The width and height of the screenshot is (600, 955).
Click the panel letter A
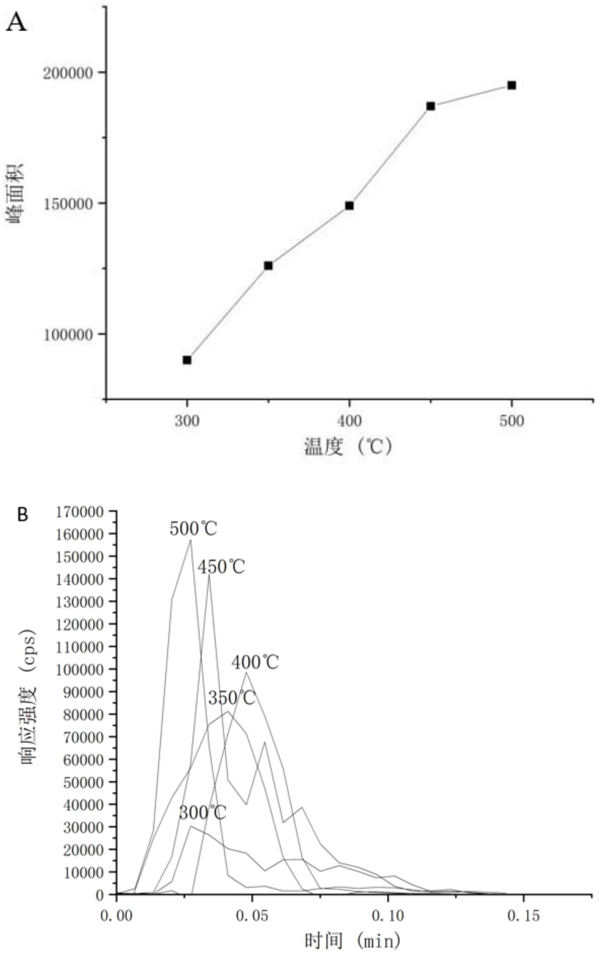[16, 22]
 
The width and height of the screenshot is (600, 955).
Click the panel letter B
[23, 515]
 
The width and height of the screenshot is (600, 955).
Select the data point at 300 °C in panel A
[187, 360]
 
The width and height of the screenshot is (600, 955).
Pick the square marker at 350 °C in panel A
[268, 266]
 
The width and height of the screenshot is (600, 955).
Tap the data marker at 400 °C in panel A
[349, 206]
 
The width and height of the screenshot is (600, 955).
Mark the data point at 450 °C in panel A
[431, 106]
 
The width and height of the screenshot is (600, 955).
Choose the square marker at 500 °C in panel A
[512, 85]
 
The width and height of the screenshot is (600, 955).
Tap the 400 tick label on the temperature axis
[349, 421]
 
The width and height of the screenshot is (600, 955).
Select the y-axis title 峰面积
[15, 193]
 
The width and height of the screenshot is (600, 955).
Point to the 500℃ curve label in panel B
[193, 529]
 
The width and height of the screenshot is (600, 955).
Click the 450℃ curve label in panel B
[221, 567]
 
